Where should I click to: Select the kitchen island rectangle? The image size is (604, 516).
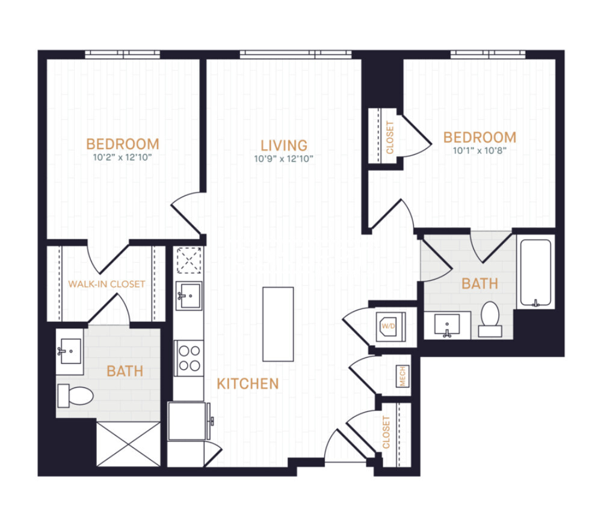(x=278, y=324)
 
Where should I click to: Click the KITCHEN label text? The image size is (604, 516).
(x=248, y=384)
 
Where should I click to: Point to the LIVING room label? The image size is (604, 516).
(x=284, y=145)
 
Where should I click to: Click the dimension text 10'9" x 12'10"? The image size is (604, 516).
(x=284, y=159)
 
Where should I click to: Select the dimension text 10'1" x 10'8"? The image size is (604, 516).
(x=479, y=151)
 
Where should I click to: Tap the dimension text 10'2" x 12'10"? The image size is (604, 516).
(x=123, y=159)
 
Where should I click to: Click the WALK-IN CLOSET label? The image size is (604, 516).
(x=106, y=284)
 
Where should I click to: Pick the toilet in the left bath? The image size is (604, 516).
(x=75, y=396)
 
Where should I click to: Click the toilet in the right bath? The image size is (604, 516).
(x=490, y=318)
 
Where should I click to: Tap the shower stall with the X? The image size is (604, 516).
(x=129, y=444)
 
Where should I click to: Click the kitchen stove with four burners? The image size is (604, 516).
(x=188, y=358)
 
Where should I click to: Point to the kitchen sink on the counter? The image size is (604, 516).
(x=188, y=295)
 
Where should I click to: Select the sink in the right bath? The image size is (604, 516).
(x=447, y=325)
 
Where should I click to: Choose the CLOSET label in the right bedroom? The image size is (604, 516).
(x=389, y=137)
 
